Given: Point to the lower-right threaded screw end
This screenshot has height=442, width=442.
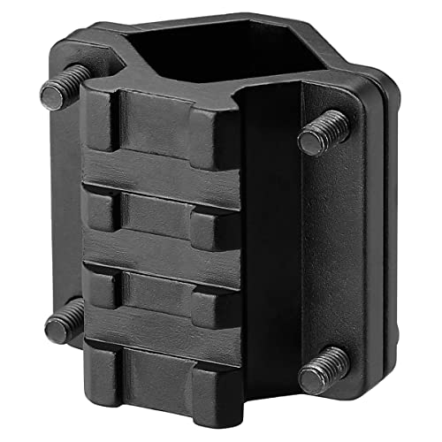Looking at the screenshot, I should [320, 377].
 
